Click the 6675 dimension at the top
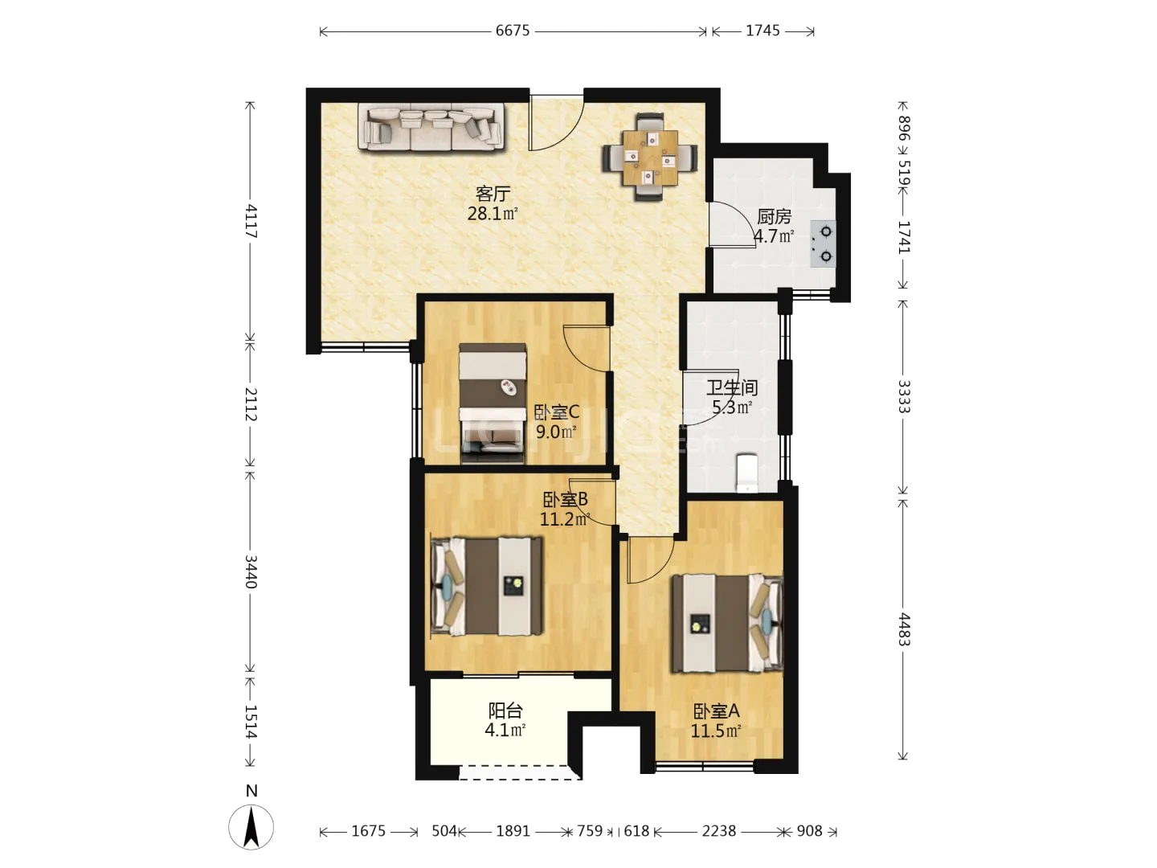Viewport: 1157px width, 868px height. click(x=512, y=31)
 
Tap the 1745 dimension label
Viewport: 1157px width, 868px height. click(x=762, y=31)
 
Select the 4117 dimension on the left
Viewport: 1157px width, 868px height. click(x=251, y=221)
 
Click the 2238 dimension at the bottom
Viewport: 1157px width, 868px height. click(x=718, y=831)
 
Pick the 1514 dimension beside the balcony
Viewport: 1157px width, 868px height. click(x=251, y=721)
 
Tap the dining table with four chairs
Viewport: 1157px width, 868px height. click(x=650, y=157)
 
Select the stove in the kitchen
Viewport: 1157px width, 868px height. click(x=824, y=244)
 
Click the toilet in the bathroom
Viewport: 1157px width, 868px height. click(x=747, y=473)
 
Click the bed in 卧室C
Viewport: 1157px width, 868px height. click(x=493, y=403)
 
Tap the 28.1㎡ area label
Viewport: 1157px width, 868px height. click(x=493, y=214)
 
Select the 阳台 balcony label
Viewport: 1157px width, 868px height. click(x=505, y=711)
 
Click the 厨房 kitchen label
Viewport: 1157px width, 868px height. click(x=774, y=217)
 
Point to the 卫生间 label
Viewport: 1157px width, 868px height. click(x=732, y=388)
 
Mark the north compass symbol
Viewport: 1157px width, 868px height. click(x=251, y=826)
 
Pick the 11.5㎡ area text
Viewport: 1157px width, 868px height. click(x=716, y=731)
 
